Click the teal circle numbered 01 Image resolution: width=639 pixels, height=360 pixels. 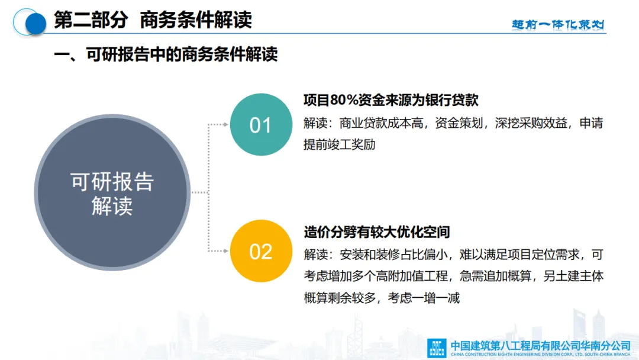coord(262,124)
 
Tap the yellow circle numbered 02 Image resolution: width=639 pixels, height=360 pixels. coord(262,251)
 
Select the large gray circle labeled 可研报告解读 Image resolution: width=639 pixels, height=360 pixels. coord(112,192)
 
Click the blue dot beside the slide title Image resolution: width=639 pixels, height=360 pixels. coord(36,24)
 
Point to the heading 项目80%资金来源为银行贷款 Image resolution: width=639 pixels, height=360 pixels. coord(391,100)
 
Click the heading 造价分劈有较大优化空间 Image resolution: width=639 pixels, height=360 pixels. coord(377,232)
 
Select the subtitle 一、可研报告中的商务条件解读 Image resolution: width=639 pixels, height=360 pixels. coord(166,54)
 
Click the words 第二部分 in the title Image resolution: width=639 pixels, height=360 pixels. coord(91,20)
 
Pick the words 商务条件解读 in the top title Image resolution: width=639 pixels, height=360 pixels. coord(196,20)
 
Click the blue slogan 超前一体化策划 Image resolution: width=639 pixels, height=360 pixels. coord(558,24)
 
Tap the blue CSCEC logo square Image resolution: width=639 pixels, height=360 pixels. coord(437,348)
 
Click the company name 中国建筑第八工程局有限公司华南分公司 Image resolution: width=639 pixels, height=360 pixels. coord(540,346)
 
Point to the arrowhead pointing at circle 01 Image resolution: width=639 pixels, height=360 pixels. coord(225,124)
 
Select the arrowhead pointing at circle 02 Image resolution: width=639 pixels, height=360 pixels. coord(225,251)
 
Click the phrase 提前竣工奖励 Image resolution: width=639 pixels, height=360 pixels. coord(340,144)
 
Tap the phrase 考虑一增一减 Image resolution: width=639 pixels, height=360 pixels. coord(424,298)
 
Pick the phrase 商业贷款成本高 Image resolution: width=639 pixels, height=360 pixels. coord(382,123)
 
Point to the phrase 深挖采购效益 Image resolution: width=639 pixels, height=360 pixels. coord(531,123)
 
